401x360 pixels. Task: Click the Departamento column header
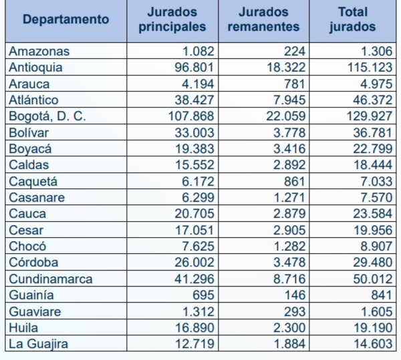pyautogui.click(x=65, y=19)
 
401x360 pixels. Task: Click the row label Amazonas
pyautogui.click(x=40, y=51)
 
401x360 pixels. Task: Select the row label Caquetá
pyautogui.click(x=33, y=181)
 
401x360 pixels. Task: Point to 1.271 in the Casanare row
pyautogui.click(x=289, y=197)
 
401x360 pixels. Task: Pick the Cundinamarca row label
pyautogui.click(x=51, y=279)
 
